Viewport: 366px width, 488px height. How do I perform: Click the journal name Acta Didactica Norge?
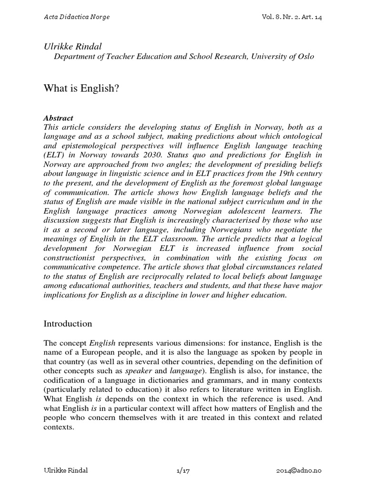[77, 17]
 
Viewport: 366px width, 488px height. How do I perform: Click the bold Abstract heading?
[59, 118]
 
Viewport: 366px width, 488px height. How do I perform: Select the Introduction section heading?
[68, 324]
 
